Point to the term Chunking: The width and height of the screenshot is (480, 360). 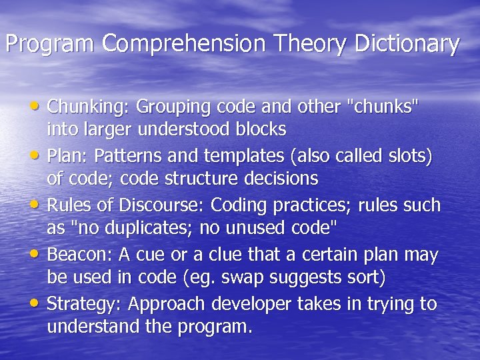[89, 106]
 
